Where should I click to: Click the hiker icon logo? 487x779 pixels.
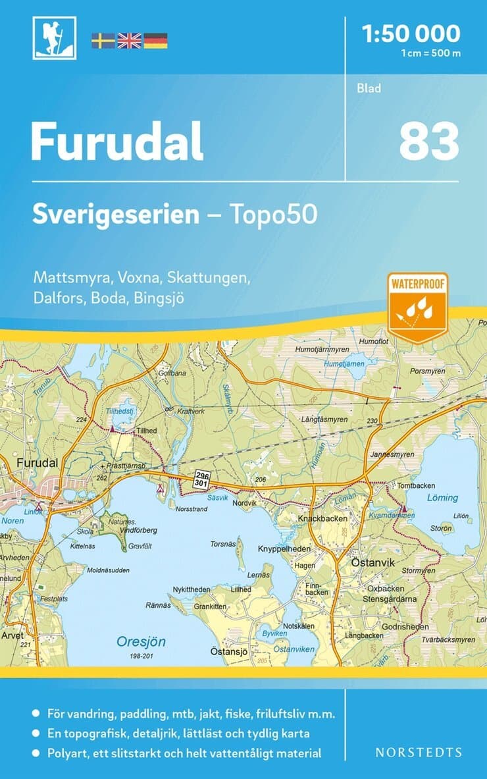tap(55, 38)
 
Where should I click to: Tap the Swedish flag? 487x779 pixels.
tap(103, 40)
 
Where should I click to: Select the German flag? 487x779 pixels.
tap(155, 40)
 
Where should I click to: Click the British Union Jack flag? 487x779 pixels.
tap(129, 40)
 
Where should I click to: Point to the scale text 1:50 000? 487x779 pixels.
tap(411, 33)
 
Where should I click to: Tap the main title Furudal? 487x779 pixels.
tap(117, 142)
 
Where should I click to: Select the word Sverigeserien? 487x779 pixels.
tap(116, 215)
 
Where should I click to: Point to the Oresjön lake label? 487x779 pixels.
tap(141, 641)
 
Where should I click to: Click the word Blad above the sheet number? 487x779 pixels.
tap(369, 88)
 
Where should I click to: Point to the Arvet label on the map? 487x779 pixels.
tap(13, 635)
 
